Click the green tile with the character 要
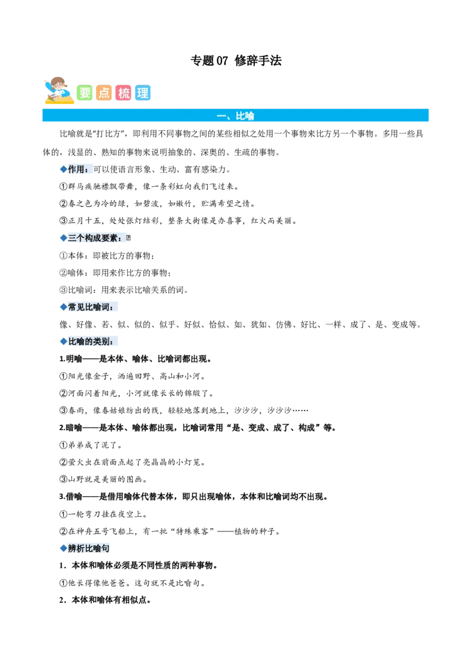[x=85, y=93]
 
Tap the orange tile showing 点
[x=104, y=93]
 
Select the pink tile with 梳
[x=124, y=93]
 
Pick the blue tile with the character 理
[x=142, y=93]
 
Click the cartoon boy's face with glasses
[x=58, y=85]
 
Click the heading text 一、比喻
[x=235, y=116]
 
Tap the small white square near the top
[x=191, y=63]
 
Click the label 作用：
[x=79, y=170]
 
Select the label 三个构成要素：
[x=95, y=238]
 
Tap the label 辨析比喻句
[x=88, y=549]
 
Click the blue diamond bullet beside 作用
[x=62, y=170]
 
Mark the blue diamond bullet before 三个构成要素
[x=62, y=238]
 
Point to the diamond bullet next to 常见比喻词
[x=62, y=307]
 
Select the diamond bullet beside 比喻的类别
[x=62, y=342]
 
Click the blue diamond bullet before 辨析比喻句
[x=62, y=549]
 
